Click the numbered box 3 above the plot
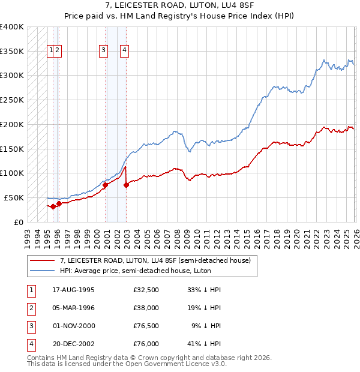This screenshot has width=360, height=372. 104,50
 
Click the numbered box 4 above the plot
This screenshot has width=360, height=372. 124,50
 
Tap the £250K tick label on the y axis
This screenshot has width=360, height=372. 12,100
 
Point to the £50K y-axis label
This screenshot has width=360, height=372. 14,197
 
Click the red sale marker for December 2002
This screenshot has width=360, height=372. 126,185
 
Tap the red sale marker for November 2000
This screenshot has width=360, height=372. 105,185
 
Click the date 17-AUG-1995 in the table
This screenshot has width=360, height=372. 73,290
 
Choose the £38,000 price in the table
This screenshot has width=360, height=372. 146,308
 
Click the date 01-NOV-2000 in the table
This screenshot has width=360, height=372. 74,326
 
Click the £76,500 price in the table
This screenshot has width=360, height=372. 146,326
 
